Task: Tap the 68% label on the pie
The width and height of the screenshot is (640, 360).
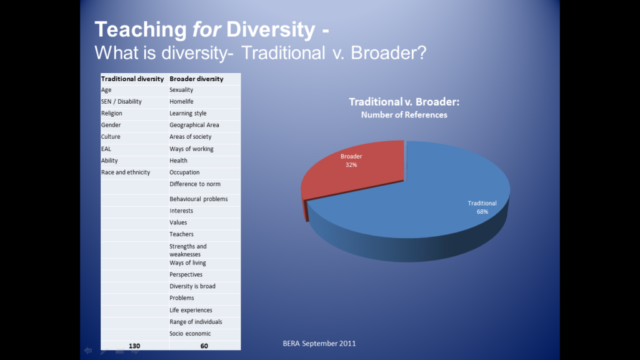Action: (x=482, y=212)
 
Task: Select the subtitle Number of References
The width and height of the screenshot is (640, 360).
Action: (x=404, y=115)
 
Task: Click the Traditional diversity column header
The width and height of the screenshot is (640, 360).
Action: (x=132, y=79)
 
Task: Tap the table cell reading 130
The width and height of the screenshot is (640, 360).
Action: (x=134, y=346)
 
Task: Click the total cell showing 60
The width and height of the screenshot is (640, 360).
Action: (x=204, y=346)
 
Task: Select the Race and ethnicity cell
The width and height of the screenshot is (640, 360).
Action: (x=126, y=172)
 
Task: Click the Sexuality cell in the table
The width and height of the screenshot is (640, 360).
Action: (x=181, y=90)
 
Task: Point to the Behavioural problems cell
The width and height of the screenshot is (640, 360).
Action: (x=198, y=199)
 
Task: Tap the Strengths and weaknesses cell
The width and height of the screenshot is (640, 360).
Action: (x=187, y=250)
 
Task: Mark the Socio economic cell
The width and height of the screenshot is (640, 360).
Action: (x=190, y=333)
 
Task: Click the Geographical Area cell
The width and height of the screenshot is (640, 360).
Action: (x=194, y=125)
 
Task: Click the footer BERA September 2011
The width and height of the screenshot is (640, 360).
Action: (x=319, y=343)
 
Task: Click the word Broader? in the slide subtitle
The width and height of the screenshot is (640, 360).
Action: (x=389, y=52)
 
